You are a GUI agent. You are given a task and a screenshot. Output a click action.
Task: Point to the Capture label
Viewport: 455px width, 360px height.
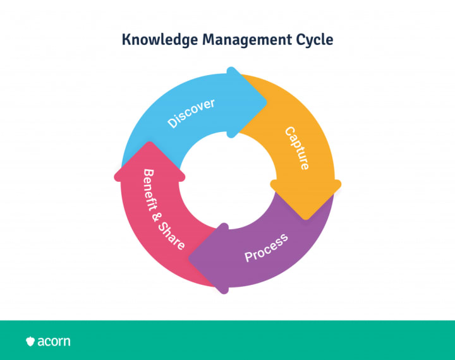(296, 148)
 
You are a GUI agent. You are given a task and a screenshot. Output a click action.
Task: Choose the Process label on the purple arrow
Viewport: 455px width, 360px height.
(266, 247)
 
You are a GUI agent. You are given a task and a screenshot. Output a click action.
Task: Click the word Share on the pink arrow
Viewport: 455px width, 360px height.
(174, 235)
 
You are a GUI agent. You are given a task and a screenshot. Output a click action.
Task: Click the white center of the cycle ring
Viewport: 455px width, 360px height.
(227, 181)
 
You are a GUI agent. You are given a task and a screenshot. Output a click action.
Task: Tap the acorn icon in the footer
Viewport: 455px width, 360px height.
(30, 342)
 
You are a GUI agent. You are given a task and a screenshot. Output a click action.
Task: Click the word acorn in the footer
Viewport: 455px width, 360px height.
(54, 342)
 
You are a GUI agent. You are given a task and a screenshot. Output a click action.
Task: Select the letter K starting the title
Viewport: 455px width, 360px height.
(126, 40)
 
